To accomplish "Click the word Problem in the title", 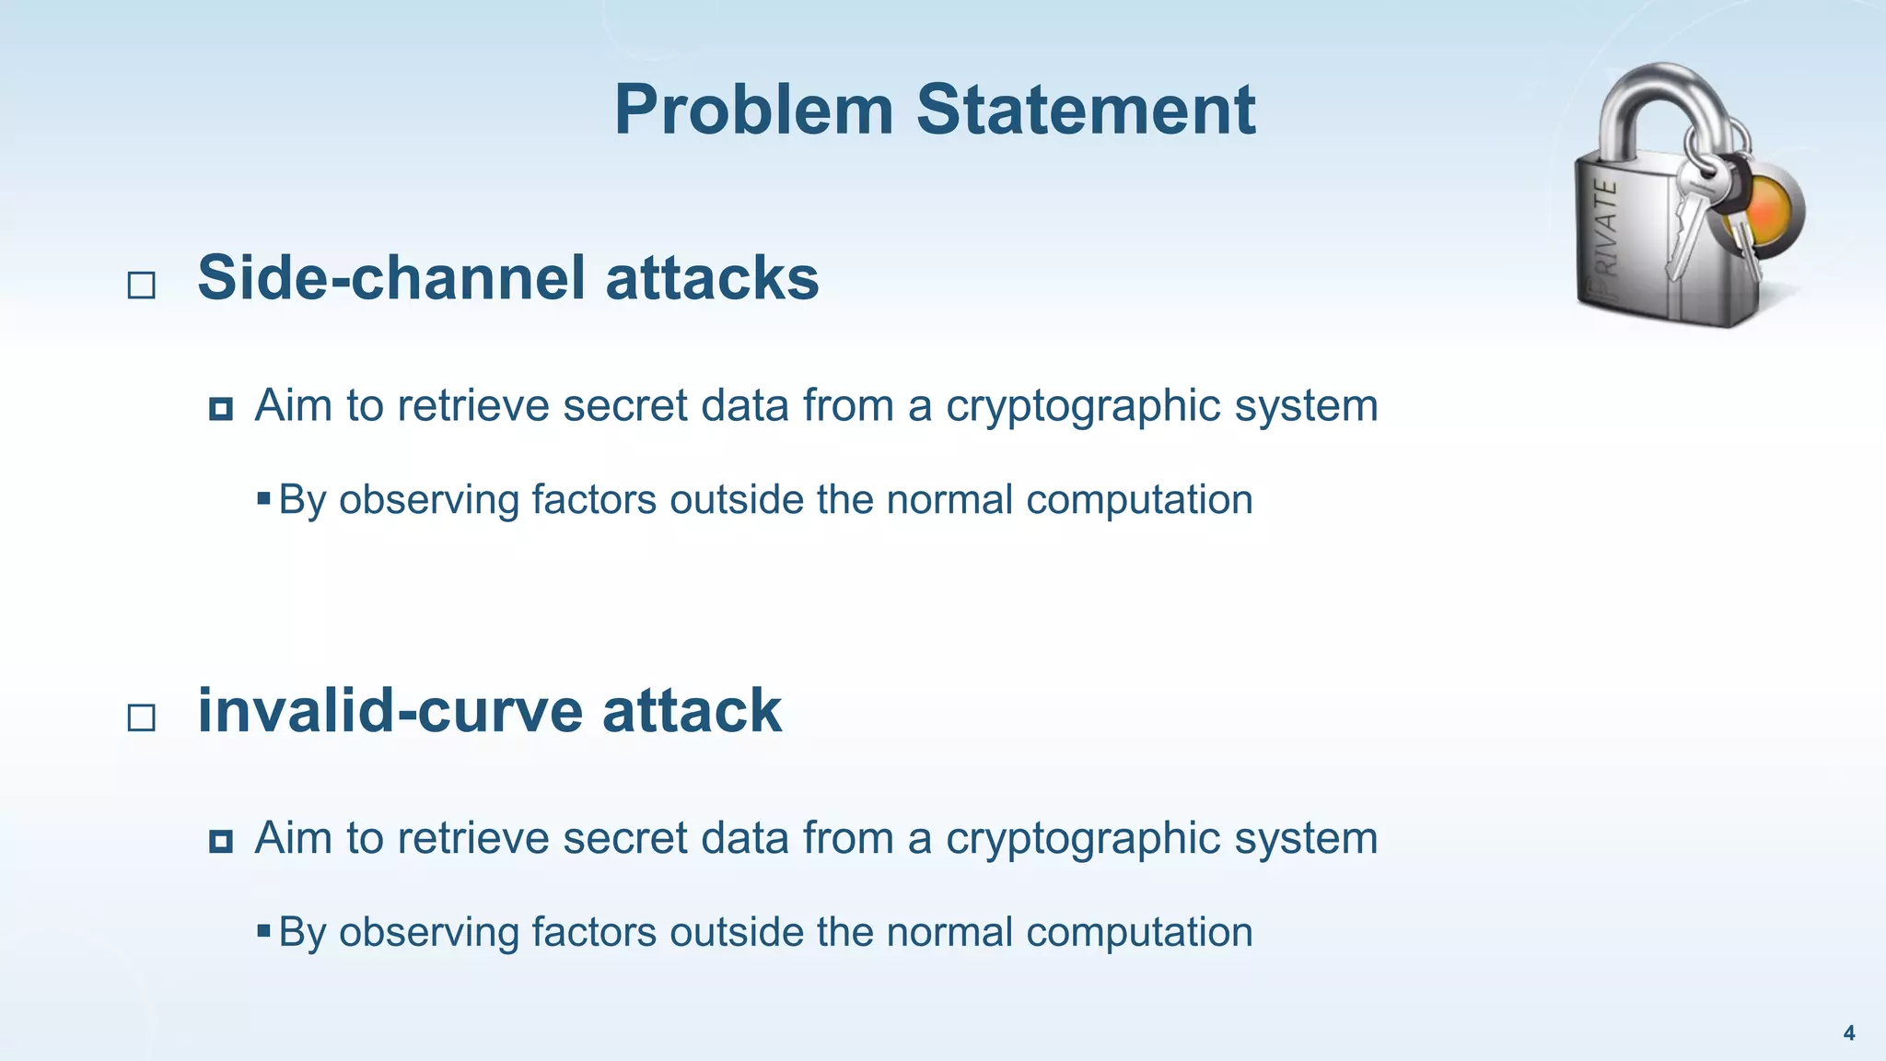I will pos(753,111).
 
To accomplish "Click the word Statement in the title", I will pos(1086,111).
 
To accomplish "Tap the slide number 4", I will pos(1848,1033).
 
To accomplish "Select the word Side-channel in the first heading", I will pos(391,278).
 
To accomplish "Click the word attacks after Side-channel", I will pos(712,278).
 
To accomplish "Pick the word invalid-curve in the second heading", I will pos(390,711).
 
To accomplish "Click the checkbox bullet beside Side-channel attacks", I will pos(141,285).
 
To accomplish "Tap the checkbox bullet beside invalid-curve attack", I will pos(141,717).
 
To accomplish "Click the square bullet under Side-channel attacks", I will pos(220,408).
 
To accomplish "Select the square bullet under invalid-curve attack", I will pos(220,840).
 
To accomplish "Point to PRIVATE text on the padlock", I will pos(1606,235).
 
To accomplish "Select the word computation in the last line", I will pos(1139,932).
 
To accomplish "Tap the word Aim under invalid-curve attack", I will pos(293,838).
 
